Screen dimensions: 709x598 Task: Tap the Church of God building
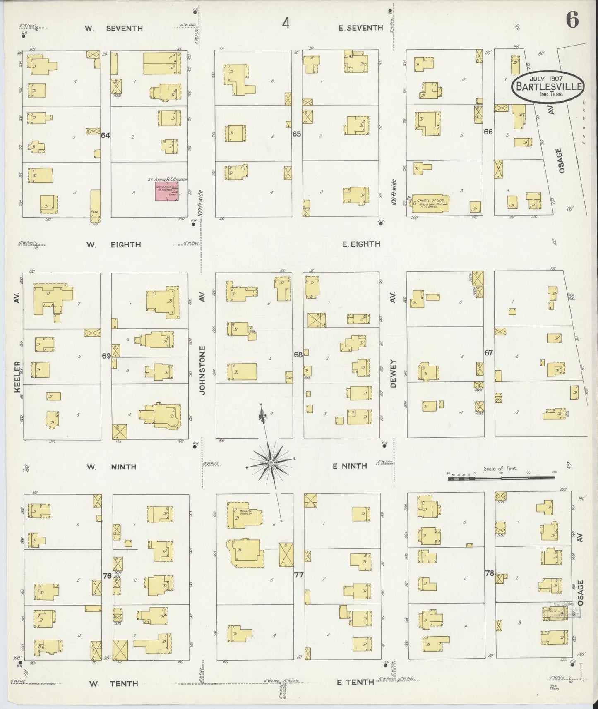(430, 203)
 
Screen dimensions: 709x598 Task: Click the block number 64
(105, 135)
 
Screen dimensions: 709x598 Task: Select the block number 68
(298, 354)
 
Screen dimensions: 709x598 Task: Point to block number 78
(490, 573)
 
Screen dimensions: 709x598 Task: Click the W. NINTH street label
(111, 467)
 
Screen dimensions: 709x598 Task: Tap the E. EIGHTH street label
(361, 244)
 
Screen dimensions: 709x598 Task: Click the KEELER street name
(17, 379)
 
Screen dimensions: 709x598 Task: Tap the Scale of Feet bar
(501, 478)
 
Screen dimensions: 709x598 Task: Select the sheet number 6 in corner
(572, 21)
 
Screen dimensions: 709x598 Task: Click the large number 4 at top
(286, 24)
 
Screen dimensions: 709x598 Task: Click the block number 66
(488, 132)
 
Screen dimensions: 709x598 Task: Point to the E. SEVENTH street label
(360, 28)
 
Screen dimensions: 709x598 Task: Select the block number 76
(107, 575)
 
